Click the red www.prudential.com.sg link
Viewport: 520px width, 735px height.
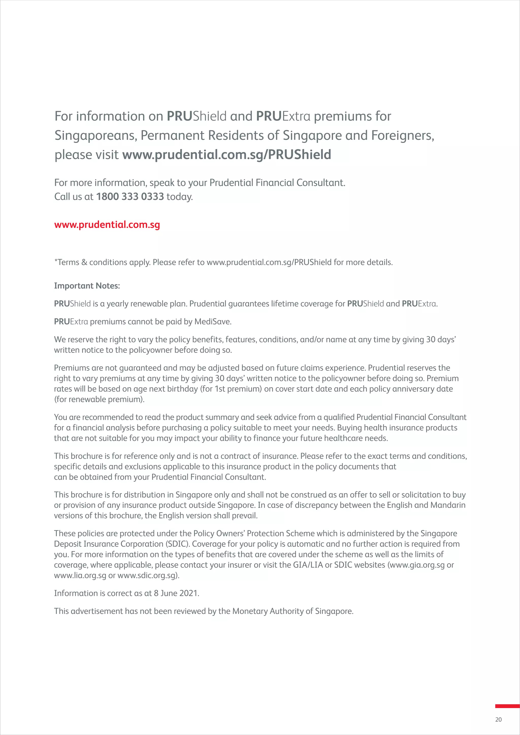tap(107, 225)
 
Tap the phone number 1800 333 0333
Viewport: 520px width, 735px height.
tap(130, 196)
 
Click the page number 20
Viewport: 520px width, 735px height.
tap(498, 720)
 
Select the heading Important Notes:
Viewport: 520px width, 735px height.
tap(87, 286)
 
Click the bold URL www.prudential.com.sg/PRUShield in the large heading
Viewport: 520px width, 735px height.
tap(227, 155)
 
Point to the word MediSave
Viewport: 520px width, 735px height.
tap(212, 322)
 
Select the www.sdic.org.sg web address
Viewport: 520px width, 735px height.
tap(147, 575)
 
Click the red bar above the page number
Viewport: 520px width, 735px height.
tap(507, 706)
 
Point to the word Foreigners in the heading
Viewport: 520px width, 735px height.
tap(402, 136)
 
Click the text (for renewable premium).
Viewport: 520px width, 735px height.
tap(99, 399)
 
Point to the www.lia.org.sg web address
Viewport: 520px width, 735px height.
tap(80, 575)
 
